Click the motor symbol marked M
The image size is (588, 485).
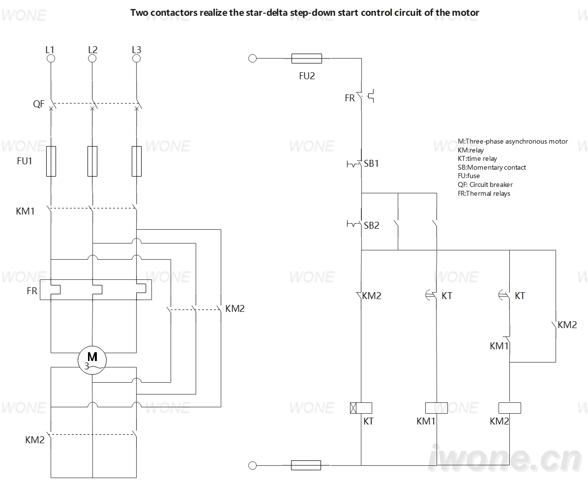click(x=92, y=360)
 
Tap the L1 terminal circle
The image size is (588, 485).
click(x=51, y=59)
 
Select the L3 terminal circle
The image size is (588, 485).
click(x=137, y=59)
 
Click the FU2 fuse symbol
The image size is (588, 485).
click(x=306, y=58)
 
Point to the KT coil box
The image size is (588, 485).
click(x=361, y=408)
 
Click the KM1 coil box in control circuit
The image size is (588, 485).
click(x=437, y=408)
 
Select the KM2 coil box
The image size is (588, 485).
click(x=510, y=408)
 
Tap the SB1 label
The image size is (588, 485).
click(x=371, y=163)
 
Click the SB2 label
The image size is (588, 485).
click(x=372, y=225)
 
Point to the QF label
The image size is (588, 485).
click(x=39, y=104)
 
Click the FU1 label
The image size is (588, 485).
click(x=25, y=161)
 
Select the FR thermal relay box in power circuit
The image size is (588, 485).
click(x=96, y=290)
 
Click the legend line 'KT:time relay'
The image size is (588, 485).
click(x=477, y=159)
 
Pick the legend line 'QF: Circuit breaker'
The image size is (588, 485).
click(x=485, y=184)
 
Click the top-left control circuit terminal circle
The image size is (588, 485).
click(x=253, y=58)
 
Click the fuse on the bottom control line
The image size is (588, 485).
click(x=306, y=465)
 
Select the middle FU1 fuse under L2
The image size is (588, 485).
click(x=92, y=161)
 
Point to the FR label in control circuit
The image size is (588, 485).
click(x=350, y=98)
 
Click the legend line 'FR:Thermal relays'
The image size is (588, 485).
click(x=484, y=193)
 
